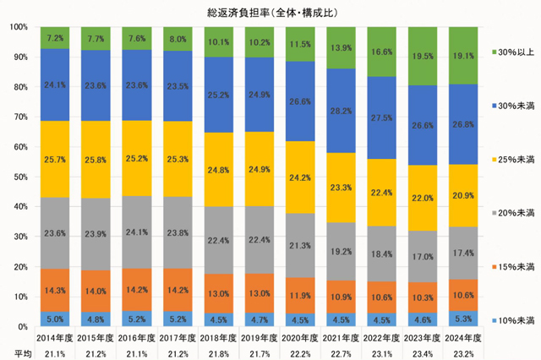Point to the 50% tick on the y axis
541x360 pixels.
click(19, 177)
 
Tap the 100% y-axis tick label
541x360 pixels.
click(17, 27)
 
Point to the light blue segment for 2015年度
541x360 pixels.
click(97, 319)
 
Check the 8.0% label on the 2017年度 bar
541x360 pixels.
click(178, 39)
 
